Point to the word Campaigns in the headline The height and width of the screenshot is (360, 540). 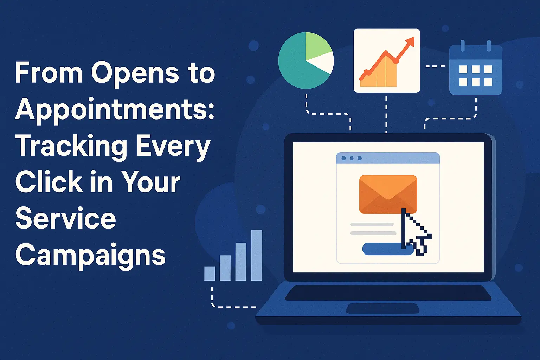[x=90, y=256]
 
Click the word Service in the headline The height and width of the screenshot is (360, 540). [x=66, y=218]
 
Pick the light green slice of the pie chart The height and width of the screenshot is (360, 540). [x=318, y=46]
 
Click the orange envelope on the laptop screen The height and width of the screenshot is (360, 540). [x=388, y=194]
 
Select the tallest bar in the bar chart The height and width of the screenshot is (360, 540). [x=257, y=255]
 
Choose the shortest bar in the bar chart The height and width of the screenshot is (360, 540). [x=210, y=274]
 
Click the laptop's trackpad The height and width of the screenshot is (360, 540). [x=382, y=308]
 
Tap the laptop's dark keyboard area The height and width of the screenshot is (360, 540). [x=388, y=293]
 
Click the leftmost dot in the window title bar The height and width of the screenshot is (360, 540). [x=344, y=158]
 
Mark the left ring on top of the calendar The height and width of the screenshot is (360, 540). [x=462, y=46]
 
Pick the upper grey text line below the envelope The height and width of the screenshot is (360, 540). [x=372, y=225]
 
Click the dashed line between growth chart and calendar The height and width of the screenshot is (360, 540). [x=435, y=66]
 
